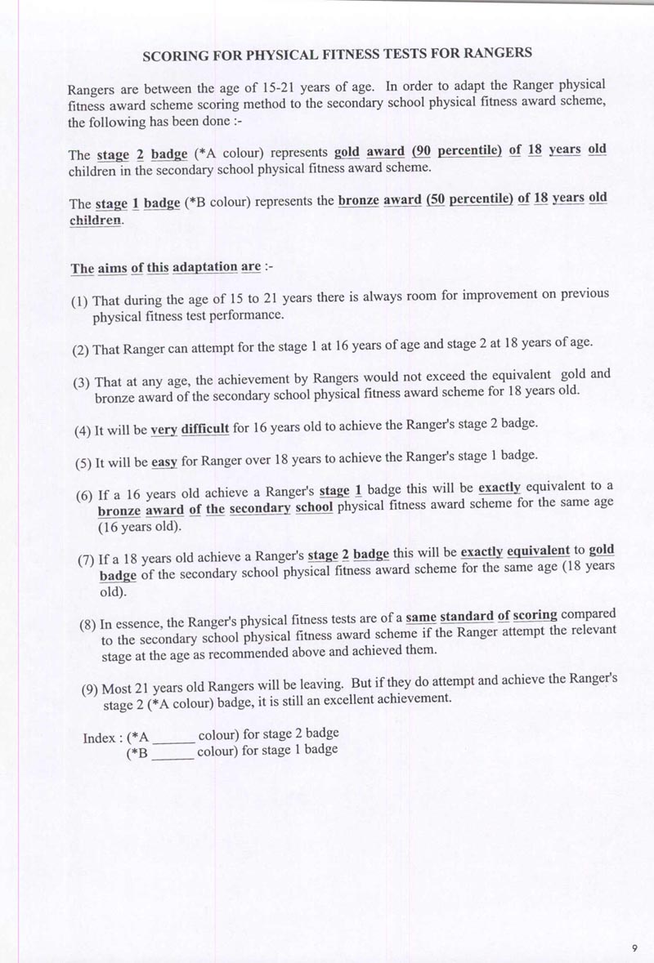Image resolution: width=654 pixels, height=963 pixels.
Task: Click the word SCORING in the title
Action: pyautogui.click(x=176, y=56)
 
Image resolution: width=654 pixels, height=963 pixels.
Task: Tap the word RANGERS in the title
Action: pyautogui.click(x=498, y=53)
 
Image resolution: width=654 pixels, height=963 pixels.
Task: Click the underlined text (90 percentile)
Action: pyautogui.click(x=456, y=151)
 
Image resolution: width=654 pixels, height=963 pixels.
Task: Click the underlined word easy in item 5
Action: pyautogui.click(x=164, y=461)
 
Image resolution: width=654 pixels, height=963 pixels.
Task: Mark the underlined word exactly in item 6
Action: pyautogui.click(x=499, y=488)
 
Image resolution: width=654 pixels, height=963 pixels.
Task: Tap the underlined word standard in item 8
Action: pyautogui.click(x=466, y=616)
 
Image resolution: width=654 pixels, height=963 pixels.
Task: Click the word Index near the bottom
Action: pyautogui.click(x=98, y=738)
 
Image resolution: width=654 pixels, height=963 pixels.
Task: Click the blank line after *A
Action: pyautogui.click(x=173, y=738)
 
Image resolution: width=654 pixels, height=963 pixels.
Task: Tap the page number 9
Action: pyautogui.click(x=634, y=947)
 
